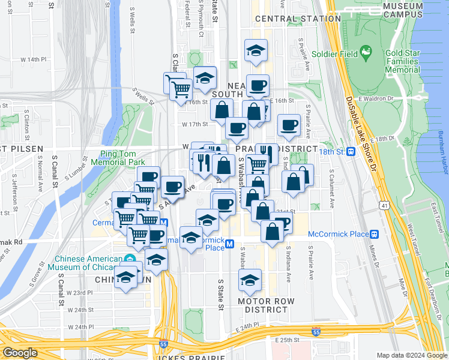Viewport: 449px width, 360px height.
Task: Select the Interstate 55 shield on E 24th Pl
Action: (316, 331)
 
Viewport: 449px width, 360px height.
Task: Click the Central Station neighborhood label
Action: (298, 19)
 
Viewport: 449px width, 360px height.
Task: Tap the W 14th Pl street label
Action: (33, 60)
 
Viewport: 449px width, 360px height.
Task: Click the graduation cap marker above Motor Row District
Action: (250, 280)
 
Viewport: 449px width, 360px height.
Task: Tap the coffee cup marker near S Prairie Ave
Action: (289, 125)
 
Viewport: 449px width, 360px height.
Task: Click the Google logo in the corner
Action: (20, 353)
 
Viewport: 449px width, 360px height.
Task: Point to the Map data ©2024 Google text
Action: (412, 355)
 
